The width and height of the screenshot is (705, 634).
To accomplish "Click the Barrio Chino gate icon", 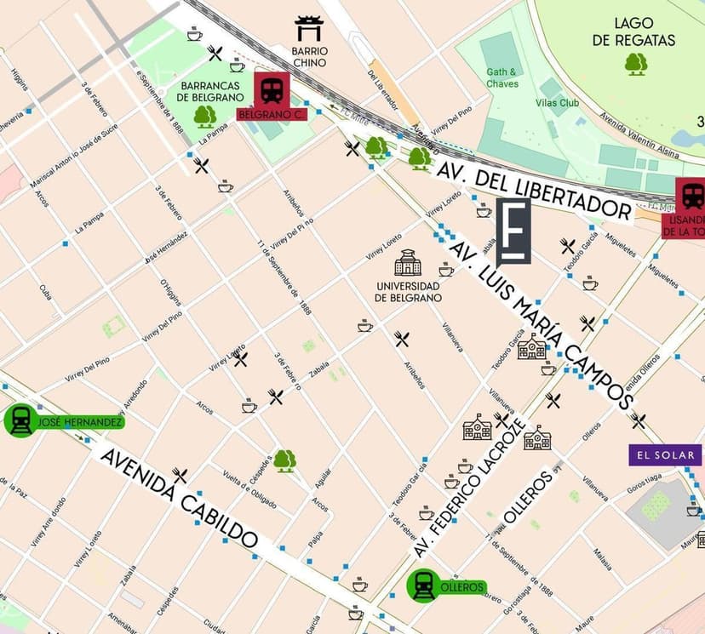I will [308, 28].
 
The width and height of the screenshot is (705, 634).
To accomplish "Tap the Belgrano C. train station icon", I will [272, 89].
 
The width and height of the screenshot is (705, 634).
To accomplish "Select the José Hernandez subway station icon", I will [20, 420].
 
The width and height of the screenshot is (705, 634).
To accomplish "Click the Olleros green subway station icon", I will [423, 586].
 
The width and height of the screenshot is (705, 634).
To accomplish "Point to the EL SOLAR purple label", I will [665, 455].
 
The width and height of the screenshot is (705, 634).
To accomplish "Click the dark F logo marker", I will [513, 231].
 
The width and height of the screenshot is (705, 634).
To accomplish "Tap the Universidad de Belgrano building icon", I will [408, 262].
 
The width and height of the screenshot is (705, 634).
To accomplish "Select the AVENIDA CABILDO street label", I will [179, 498].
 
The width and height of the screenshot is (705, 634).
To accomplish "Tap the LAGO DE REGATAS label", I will [645, 32].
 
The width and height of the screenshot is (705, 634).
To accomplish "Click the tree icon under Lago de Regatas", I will [636, 64].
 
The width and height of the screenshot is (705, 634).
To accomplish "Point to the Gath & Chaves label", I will [502, 78].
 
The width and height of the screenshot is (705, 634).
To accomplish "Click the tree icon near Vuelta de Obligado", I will [284, 460].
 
